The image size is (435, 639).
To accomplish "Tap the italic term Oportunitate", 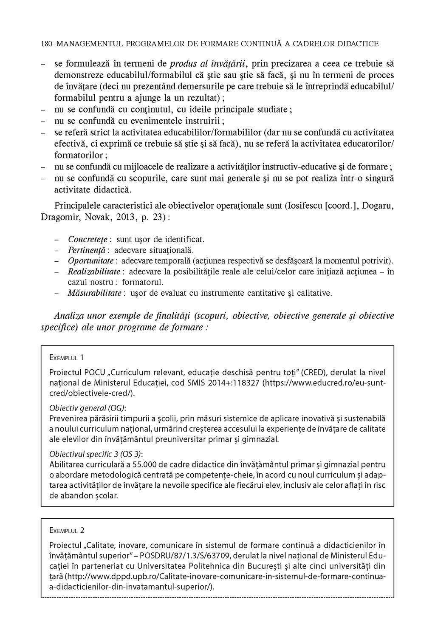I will click(90, 260).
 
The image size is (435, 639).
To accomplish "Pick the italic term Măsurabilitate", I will click(94, 293).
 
